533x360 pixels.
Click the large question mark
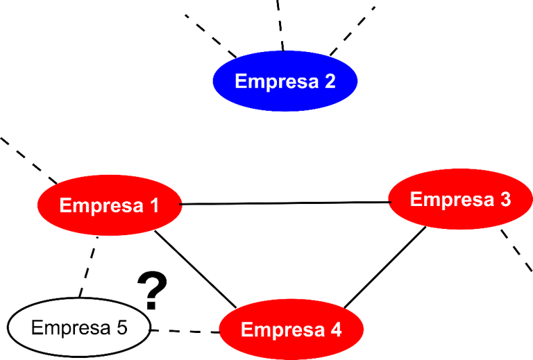(153, 288)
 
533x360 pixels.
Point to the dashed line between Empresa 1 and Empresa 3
(285, 203)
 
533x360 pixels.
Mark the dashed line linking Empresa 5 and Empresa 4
(184, 329)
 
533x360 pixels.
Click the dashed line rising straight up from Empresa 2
(280, 24)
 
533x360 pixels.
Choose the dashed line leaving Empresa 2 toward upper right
(354, 28)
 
